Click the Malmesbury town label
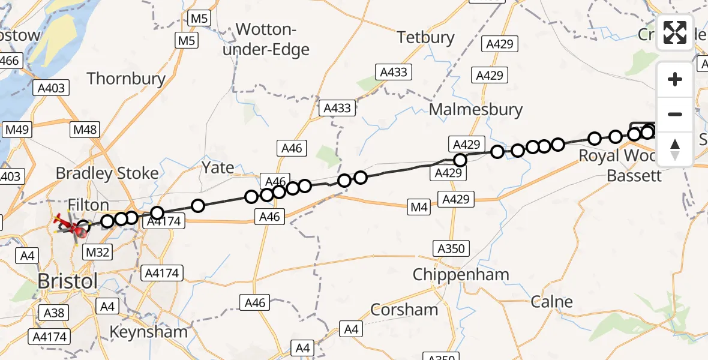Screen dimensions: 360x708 click(476, 110)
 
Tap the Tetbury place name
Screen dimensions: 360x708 click(426, 37)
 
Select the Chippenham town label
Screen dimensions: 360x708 click(461, 275)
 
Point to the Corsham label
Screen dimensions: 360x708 click(404, 310)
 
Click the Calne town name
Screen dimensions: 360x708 click(552, 301)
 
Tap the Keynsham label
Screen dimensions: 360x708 click(148, 331)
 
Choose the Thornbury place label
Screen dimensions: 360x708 click(126, 78)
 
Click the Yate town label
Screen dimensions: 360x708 click(218, 167)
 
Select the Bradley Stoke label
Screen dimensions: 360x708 click(107, 173)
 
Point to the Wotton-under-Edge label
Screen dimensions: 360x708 click(266, 38)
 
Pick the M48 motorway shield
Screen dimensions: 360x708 click(85, 130)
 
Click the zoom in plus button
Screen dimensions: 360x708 click(675, 79)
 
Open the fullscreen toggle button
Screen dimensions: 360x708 click(675, 32)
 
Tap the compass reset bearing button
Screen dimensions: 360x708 click(675, 149)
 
